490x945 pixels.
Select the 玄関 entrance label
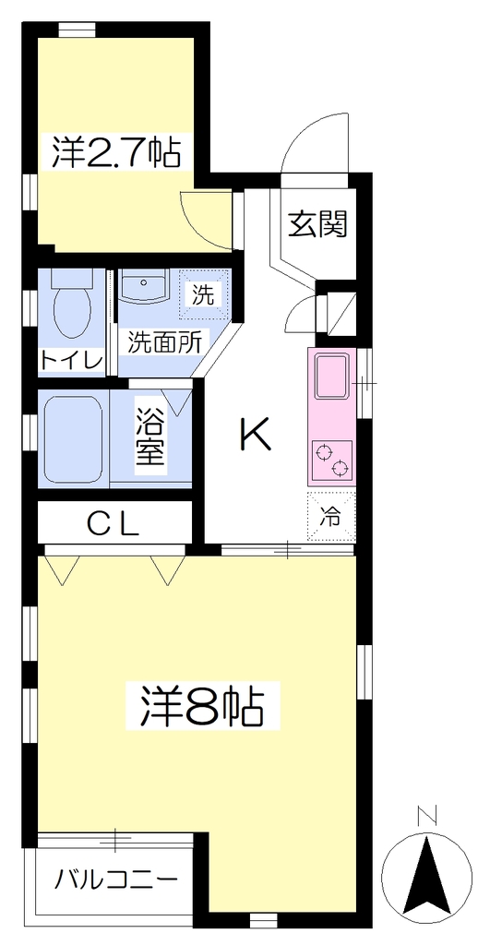pyautogui.click(x=317, y=223)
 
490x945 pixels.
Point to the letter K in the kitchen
pyautogui.click(x=257, y=435)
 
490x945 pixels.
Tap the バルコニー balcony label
pyautogui.click(x=116, y=880)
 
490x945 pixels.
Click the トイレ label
pyautogui.click(x=71, y=361)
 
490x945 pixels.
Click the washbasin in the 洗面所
pyautogui.click(x=143, y=285)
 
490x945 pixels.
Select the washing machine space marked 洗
pyautogui.click(x=204, y=294)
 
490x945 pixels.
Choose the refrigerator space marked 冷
pyautogui.click(x=331, y=517)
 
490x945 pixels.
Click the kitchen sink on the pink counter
pyautogui.click(x=331, y=377)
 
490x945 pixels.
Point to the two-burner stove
pyautogui.click(x=331, y=461)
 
